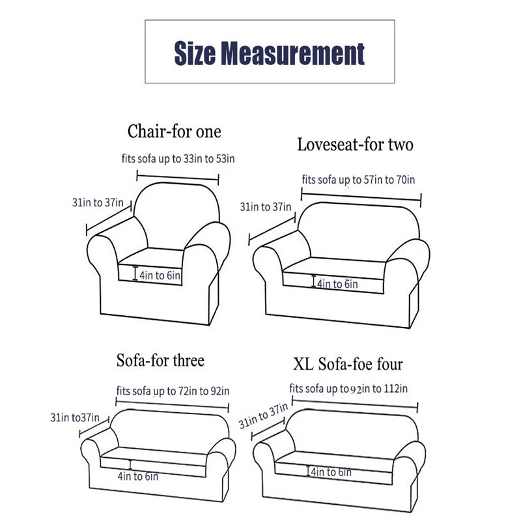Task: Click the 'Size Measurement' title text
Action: coord(270,53)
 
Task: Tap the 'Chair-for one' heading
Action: coord(174,132)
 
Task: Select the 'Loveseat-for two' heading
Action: coord(355,145)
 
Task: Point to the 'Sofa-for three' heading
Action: coord(160,361)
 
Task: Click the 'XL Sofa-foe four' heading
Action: coord(348,364)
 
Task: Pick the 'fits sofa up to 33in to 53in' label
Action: coord(178,158)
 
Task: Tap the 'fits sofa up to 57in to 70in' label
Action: coord(358,180)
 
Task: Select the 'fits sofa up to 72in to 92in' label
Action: coord(173,391)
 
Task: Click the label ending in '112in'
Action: coord(348,388)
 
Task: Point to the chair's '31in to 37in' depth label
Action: coord(98,203)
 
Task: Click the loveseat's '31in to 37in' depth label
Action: coord(266,206)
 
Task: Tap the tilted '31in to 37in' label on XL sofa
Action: coord(263,415)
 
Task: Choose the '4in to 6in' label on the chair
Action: coord(160,275)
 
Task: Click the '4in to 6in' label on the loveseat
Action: coord(337,284)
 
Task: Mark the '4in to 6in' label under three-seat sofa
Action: coord(138,476)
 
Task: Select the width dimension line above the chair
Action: coord(178,177)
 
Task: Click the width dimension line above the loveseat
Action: coord(361,197)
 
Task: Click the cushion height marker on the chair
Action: coord(135,273)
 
